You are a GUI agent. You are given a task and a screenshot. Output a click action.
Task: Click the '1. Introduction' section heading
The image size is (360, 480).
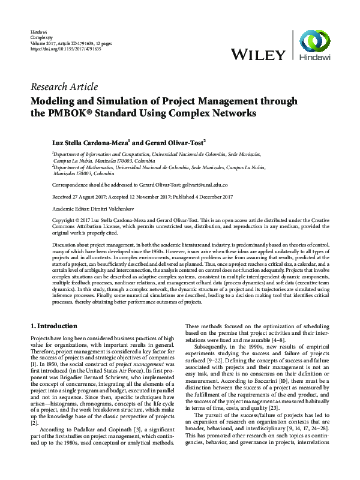click(x=53, y=326)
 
